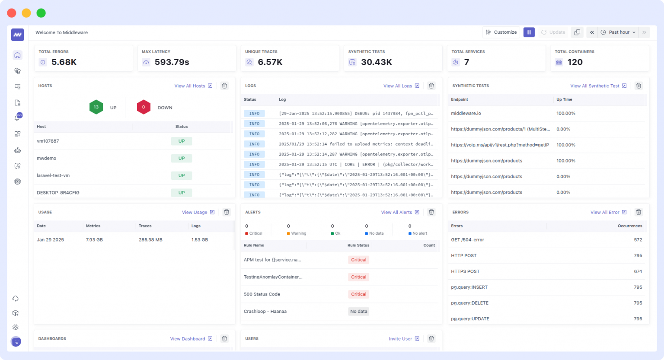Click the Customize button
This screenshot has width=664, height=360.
(501, 32)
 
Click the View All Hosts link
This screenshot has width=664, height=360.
(193, 86)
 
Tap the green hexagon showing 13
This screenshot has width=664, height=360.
(96, 107)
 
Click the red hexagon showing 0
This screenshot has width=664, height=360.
(144, 107)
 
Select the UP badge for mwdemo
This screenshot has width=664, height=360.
(182, 158)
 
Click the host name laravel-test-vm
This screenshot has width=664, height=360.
(53, 175)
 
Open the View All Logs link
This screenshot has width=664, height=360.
(401, 86)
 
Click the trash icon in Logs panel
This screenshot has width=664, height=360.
(431, 86)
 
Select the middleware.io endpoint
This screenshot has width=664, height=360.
(466, 113)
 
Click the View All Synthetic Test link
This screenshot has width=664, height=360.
(598, 86)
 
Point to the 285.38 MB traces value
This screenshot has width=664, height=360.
(150, 239)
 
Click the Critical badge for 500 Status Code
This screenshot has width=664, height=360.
(358, 294)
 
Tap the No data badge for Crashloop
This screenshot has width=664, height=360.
(358, 312)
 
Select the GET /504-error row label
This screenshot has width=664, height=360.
(467, 240)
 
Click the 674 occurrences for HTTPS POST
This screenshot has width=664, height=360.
(638, 271)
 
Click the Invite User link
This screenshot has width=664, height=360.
(404, 339)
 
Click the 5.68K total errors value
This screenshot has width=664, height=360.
(64, 62)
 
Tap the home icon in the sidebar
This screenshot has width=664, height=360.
(17, 55)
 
